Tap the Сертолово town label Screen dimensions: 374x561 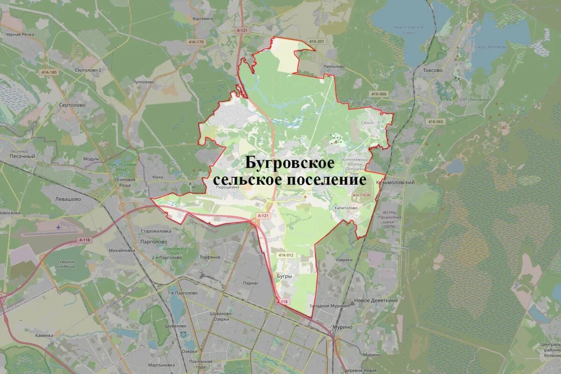click(x=72, y=105)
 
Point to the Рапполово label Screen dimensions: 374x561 click(x=334, y=66)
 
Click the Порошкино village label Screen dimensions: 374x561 click(x=228, y=187)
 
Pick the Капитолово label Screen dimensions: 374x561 click(x=346, y=208)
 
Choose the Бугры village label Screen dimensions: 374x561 click(x=285, y=276)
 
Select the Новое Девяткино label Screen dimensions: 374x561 click(x=376, y=300)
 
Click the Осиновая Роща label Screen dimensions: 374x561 click(x=125, y=182)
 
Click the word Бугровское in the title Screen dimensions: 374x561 click(x=290, y=163)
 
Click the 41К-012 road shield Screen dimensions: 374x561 click(x=286, y=255)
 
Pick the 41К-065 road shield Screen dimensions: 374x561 click(x=435, y=122)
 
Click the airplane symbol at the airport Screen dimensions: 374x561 click(x=58, y=227)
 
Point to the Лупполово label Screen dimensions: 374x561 click(x=144, y=82)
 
